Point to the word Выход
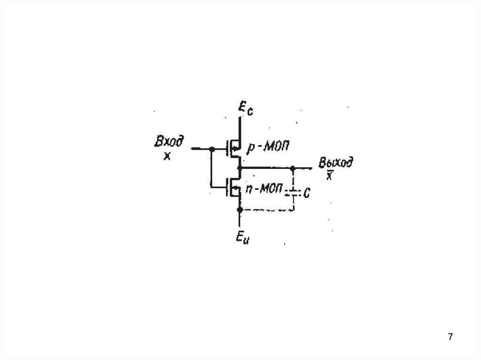(x=335, y=163)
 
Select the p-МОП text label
(x=266, y=147)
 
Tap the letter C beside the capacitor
(x=306, y=192)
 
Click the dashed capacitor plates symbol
(x=293, y=192)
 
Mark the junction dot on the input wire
(x=211, y=149)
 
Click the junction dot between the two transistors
(x=240, y=168)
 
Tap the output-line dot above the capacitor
(x=293, y=168)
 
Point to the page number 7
(x=450, y=337)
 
